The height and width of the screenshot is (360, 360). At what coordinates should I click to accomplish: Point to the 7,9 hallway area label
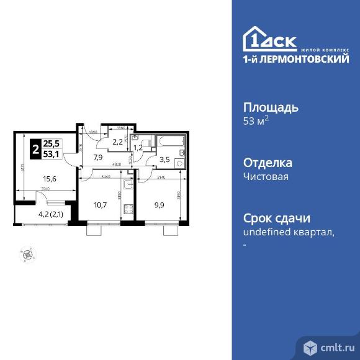[x=97, y=157]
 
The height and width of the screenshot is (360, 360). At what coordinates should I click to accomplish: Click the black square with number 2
[x=36, y=149]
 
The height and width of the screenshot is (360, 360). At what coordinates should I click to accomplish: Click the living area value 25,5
[x=52, y=143]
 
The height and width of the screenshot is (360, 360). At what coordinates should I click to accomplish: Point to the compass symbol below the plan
[x=27, y=253]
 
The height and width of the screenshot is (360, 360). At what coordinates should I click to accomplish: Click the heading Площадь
[x=270, y=107]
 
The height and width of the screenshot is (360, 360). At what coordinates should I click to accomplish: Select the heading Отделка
[x=267, y=163]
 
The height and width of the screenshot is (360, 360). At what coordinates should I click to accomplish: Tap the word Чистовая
[x=266, y=176]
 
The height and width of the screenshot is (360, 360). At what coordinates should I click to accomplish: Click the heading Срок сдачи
[x=276, y=219]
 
